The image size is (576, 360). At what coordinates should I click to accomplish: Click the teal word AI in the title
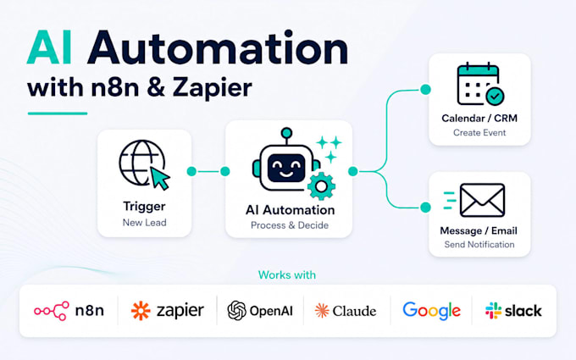point(49,48)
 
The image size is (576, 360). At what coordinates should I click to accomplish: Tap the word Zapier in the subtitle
point(213,88)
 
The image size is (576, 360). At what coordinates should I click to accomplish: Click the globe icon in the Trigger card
point(141,163)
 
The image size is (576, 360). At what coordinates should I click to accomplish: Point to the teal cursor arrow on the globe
point(160,178)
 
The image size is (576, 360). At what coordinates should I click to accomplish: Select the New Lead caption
point(144,223)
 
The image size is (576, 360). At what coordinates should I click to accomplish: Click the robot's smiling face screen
point(286,169)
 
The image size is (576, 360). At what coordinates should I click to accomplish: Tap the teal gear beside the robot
point(321,186)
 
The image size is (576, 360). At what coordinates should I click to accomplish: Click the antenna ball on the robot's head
point(286,133)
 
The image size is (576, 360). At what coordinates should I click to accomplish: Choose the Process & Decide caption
point(290,225)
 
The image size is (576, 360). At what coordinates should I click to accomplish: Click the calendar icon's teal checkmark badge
point(495,97)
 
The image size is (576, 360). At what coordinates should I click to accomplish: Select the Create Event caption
point(479,133)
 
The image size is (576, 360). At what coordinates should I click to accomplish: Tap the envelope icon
point(482,200)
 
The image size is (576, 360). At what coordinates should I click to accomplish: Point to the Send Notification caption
point(479,245)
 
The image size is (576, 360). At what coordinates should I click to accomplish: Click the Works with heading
point(287,274)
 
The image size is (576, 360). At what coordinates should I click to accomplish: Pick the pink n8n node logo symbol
point(52,311)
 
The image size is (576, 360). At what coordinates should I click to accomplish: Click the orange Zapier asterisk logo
point(141,311)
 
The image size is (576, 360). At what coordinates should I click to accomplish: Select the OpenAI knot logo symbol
point(237,310)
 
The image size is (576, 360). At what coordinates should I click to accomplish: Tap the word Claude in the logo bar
point(354,311)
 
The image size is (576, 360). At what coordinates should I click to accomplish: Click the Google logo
point(432,311)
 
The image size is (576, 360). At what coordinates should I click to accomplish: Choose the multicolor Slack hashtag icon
point(493,311)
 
